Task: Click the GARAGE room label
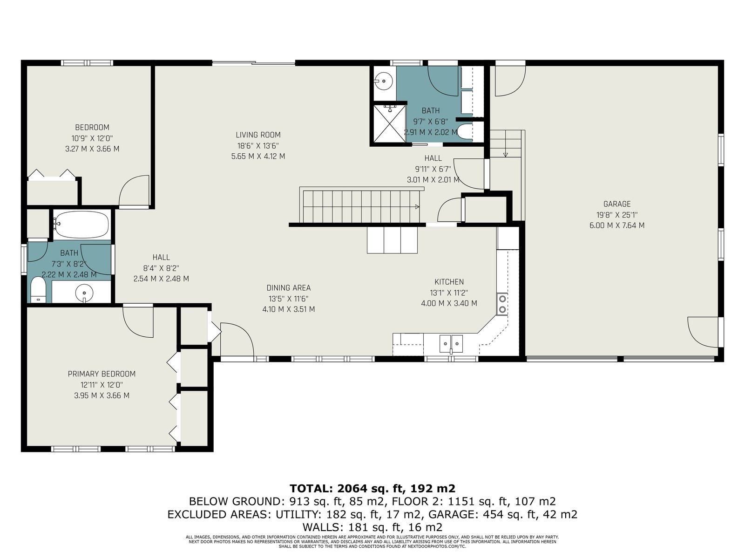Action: click(x=616, y=204)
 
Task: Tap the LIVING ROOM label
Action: click(x=258, y=135)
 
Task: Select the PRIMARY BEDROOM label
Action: click(x=102, y=374)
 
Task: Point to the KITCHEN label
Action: click(x=449, y=282)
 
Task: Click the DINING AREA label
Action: click(x=289, y=288)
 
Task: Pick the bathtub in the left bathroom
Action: click(x=81, y=225)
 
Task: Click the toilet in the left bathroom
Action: click(x=38, y=289)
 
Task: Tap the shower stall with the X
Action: click(x=389, y=123)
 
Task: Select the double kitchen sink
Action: click(x=451, y=344)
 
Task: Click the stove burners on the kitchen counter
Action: click(x=502, y=304)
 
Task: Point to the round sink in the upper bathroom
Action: click(x=384, y=81)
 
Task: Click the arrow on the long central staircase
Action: click(x=417, y=207)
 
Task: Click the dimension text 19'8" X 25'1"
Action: click(x=617, y=215)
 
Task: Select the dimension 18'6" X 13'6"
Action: click(x=258, y=146)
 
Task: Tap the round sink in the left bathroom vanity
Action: click(x=84, y=292)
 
